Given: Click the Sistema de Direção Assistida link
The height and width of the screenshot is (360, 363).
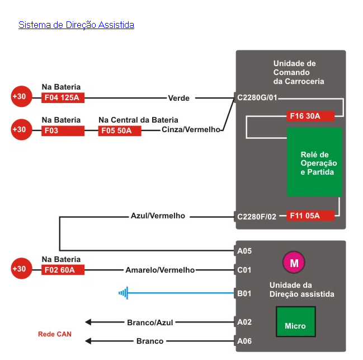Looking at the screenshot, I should (76, 25).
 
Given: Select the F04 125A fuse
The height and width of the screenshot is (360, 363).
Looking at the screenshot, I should (63, 97).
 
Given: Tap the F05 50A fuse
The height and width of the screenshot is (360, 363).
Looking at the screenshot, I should (120, 130).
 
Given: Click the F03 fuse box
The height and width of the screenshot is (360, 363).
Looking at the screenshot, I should (63, 130).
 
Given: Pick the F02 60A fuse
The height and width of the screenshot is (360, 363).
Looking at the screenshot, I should (63, 270).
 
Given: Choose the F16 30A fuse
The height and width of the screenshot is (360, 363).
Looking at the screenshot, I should (310, 116).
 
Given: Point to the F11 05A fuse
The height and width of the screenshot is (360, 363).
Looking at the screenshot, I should (310, 216).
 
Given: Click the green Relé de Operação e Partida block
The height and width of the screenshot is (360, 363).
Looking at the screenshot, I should (314, 162).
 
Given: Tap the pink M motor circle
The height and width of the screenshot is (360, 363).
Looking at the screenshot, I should (294, 262).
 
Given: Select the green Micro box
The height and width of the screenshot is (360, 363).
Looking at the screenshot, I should (295, 322).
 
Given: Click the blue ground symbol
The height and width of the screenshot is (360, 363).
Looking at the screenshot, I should (124, 292).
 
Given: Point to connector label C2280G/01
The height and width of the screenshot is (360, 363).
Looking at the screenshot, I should (257, 97).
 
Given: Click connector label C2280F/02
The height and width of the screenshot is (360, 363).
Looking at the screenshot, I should (257, 216).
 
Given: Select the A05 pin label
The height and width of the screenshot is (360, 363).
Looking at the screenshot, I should (244, 251).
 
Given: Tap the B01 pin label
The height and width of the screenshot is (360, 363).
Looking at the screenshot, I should (244, 292).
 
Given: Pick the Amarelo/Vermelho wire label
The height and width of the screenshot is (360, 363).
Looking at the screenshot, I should (160, 270).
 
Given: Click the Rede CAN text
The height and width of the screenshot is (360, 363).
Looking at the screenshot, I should (55, 334).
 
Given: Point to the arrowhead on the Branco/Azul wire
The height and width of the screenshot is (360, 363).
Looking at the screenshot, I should (88, 322).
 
